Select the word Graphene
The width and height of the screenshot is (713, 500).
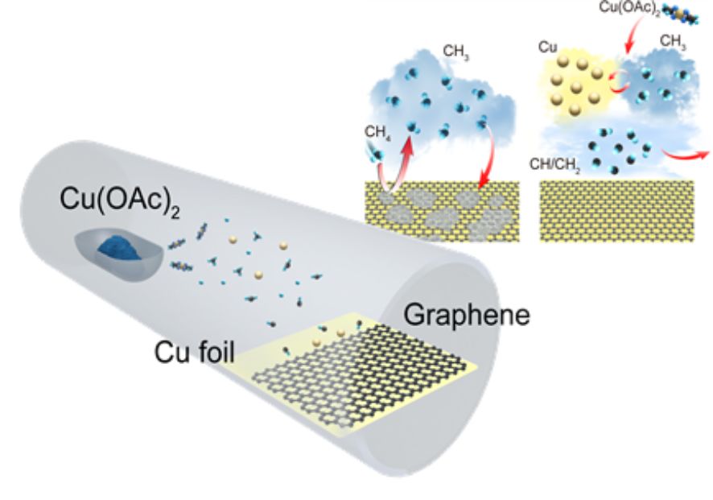467,315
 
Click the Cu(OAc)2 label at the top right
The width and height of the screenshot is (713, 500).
632,9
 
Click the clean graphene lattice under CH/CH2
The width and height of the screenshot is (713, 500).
616,211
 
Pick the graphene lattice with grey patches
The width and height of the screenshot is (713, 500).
442,211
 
